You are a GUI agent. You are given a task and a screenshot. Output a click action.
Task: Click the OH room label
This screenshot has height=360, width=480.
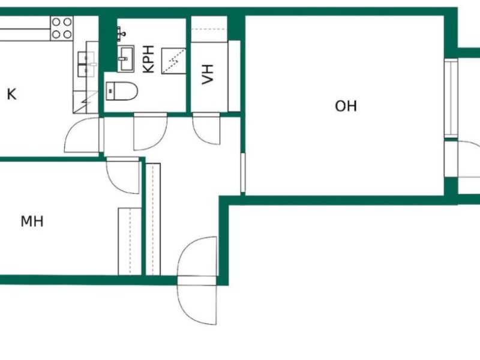pyautogui.click(x=346, y=106)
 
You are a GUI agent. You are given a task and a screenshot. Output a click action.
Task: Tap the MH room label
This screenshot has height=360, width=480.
pyautogui.click(x=32, y=221)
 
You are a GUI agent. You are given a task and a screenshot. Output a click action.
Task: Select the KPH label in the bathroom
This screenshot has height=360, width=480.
pyautogui.click(x=148, y=59)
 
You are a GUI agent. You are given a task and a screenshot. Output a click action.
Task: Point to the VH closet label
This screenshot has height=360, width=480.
pyautogui.click(x=208, y=74)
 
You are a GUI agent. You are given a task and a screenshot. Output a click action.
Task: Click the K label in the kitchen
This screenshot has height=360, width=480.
pyautogui.click(x=11, y=94)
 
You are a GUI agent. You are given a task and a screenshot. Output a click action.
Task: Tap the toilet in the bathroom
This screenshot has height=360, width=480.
pyautogui.click(x=122, y=91)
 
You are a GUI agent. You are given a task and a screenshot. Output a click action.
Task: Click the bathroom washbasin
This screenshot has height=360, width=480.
pyautogui.click(x=126, y=58)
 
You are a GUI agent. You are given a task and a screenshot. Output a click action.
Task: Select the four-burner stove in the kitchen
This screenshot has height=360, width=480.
pyautogui.click(x=62, y=28)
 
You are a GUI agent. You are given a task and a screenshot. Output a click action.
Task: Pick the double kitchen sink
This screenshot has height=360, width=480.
pyautogui.click(x=86, y=64)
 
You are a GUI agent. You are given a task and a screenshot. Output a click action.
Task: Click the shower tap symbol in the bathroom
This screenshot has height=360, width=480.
pyautogui.click(x=121, y=32)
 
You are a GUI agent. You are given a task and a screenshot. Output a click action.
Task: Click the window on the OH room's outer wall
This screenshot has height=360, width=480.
pyautogui.click(x=451, y=98)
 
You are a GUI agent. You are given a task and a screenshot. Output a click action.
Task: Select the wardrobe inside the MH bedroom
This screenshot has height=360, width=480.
pyautogui.click(x=130, y=242)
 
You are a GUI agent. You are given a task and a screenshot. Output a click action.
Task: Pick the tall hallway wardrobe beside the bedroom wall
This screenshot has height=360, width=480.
pyautogui.click(x=153, y=219)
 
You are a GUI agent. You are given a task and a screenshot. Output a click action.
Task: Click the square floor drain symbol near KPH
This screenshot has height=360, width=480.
pyautogui.click(x=173, y=61)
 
